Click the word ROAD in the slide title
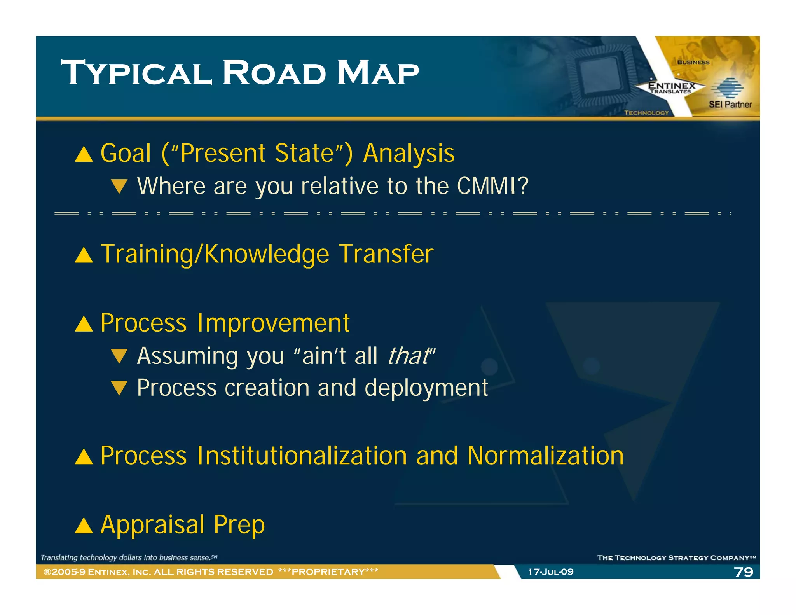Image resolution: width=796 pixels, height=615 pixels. click(x=274, y=73)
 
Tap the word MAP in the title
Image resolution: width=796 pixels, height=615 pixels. click(x=378, y=73)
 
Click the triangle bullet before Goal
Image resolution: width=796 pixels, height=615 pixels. click(x=84, y=154)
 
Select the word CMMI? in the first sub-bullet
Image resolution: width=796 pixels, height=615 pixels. click(x=492, y=186)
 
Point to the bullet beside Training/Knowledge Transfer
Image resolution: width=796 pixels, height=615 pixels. click(x=84, y=255)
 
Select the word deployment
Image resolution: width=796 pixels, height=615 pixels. click(x=426, y=388)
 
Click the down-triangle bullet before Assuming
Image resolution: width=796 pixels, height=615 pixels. click(x=119, y=356)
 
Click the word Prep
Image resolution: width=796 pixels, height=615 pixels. click(x=239, y=525)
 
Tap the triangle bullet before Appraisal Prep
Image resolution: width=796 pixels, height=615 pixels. click(x=84, y=526)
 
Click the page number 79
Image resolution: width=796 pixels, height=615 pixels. click(x=743, y=571)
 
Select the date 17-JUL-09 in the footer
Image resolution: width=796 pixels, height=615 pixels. click(x=550, y=571)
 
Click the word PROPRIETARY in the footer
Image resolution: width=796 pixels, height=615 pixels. click(x=328, y=571)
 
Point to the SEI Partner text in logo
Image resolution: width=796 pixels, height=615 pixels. click(x=730, y=104)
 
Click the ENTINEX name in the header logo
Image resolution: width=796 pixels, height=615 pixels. click(x=672, y=85)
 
